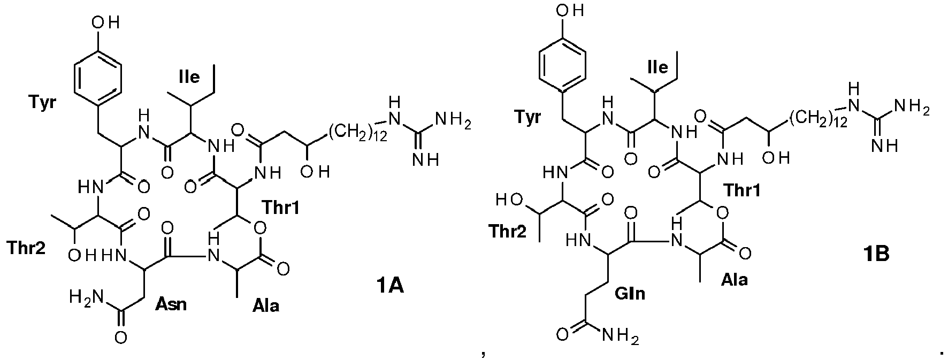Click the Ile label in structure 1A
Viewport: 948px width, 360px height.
(189, 77)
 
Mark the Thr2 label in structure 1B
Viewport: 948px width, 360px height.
(508, 231)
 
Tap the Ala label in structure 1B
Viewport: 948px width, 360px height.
(734, 279)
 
